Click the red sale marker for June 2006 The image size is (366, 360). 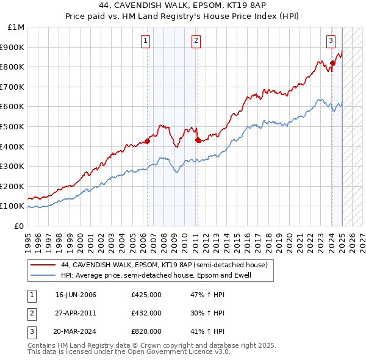(x=148, y=141)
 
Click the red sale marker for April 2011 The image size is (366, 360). (x=198, y=140)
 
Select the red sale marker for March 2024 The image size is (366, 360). (x=332, y=62)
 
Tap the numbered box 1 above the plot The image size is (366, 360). (x=146, y=41)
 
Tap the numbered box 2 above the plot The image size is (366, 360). (x=196, y=41)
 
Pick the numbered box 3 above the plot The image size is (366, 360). (x=331, y=41)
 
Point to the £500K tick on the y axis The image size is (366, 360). (x=13, y=126)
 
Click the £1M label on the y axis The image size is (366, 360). (x=16, y=27)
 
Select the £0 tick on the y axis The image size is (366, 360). (x=19, y=226)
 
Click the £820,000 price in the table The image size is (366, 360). (x=146, y=332)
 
